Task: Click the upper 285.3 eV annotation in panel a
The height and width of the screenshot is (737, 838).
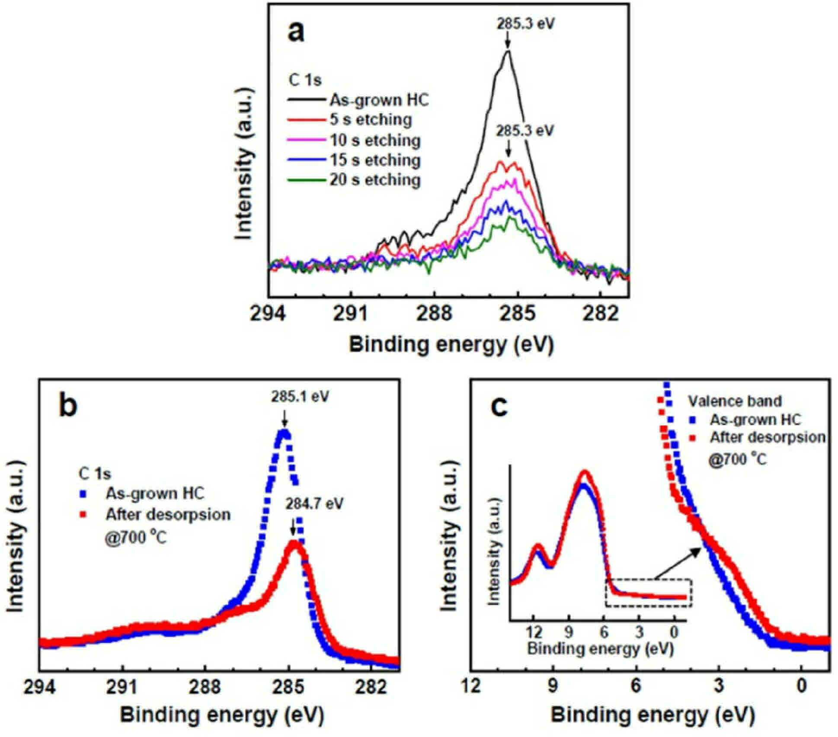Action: (x=525, y=23)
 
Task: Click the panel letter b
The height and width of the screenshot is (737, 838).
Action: (x=68, y=406)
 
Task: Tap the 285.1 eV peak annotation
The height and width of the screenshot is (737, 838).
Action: (x=300, y=397)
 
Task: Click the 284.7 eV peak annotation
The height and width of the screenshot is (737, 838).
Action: (x=314, y=503)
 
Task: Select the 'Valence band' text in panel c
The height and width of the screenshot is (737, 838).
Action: (x=735, y=401)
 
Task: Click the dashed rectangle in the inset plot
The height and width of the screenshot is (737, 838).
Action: (x=649, y=579)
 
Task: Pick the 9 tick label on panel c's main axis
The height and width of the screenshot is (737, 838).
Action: (x=553, y=687)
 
